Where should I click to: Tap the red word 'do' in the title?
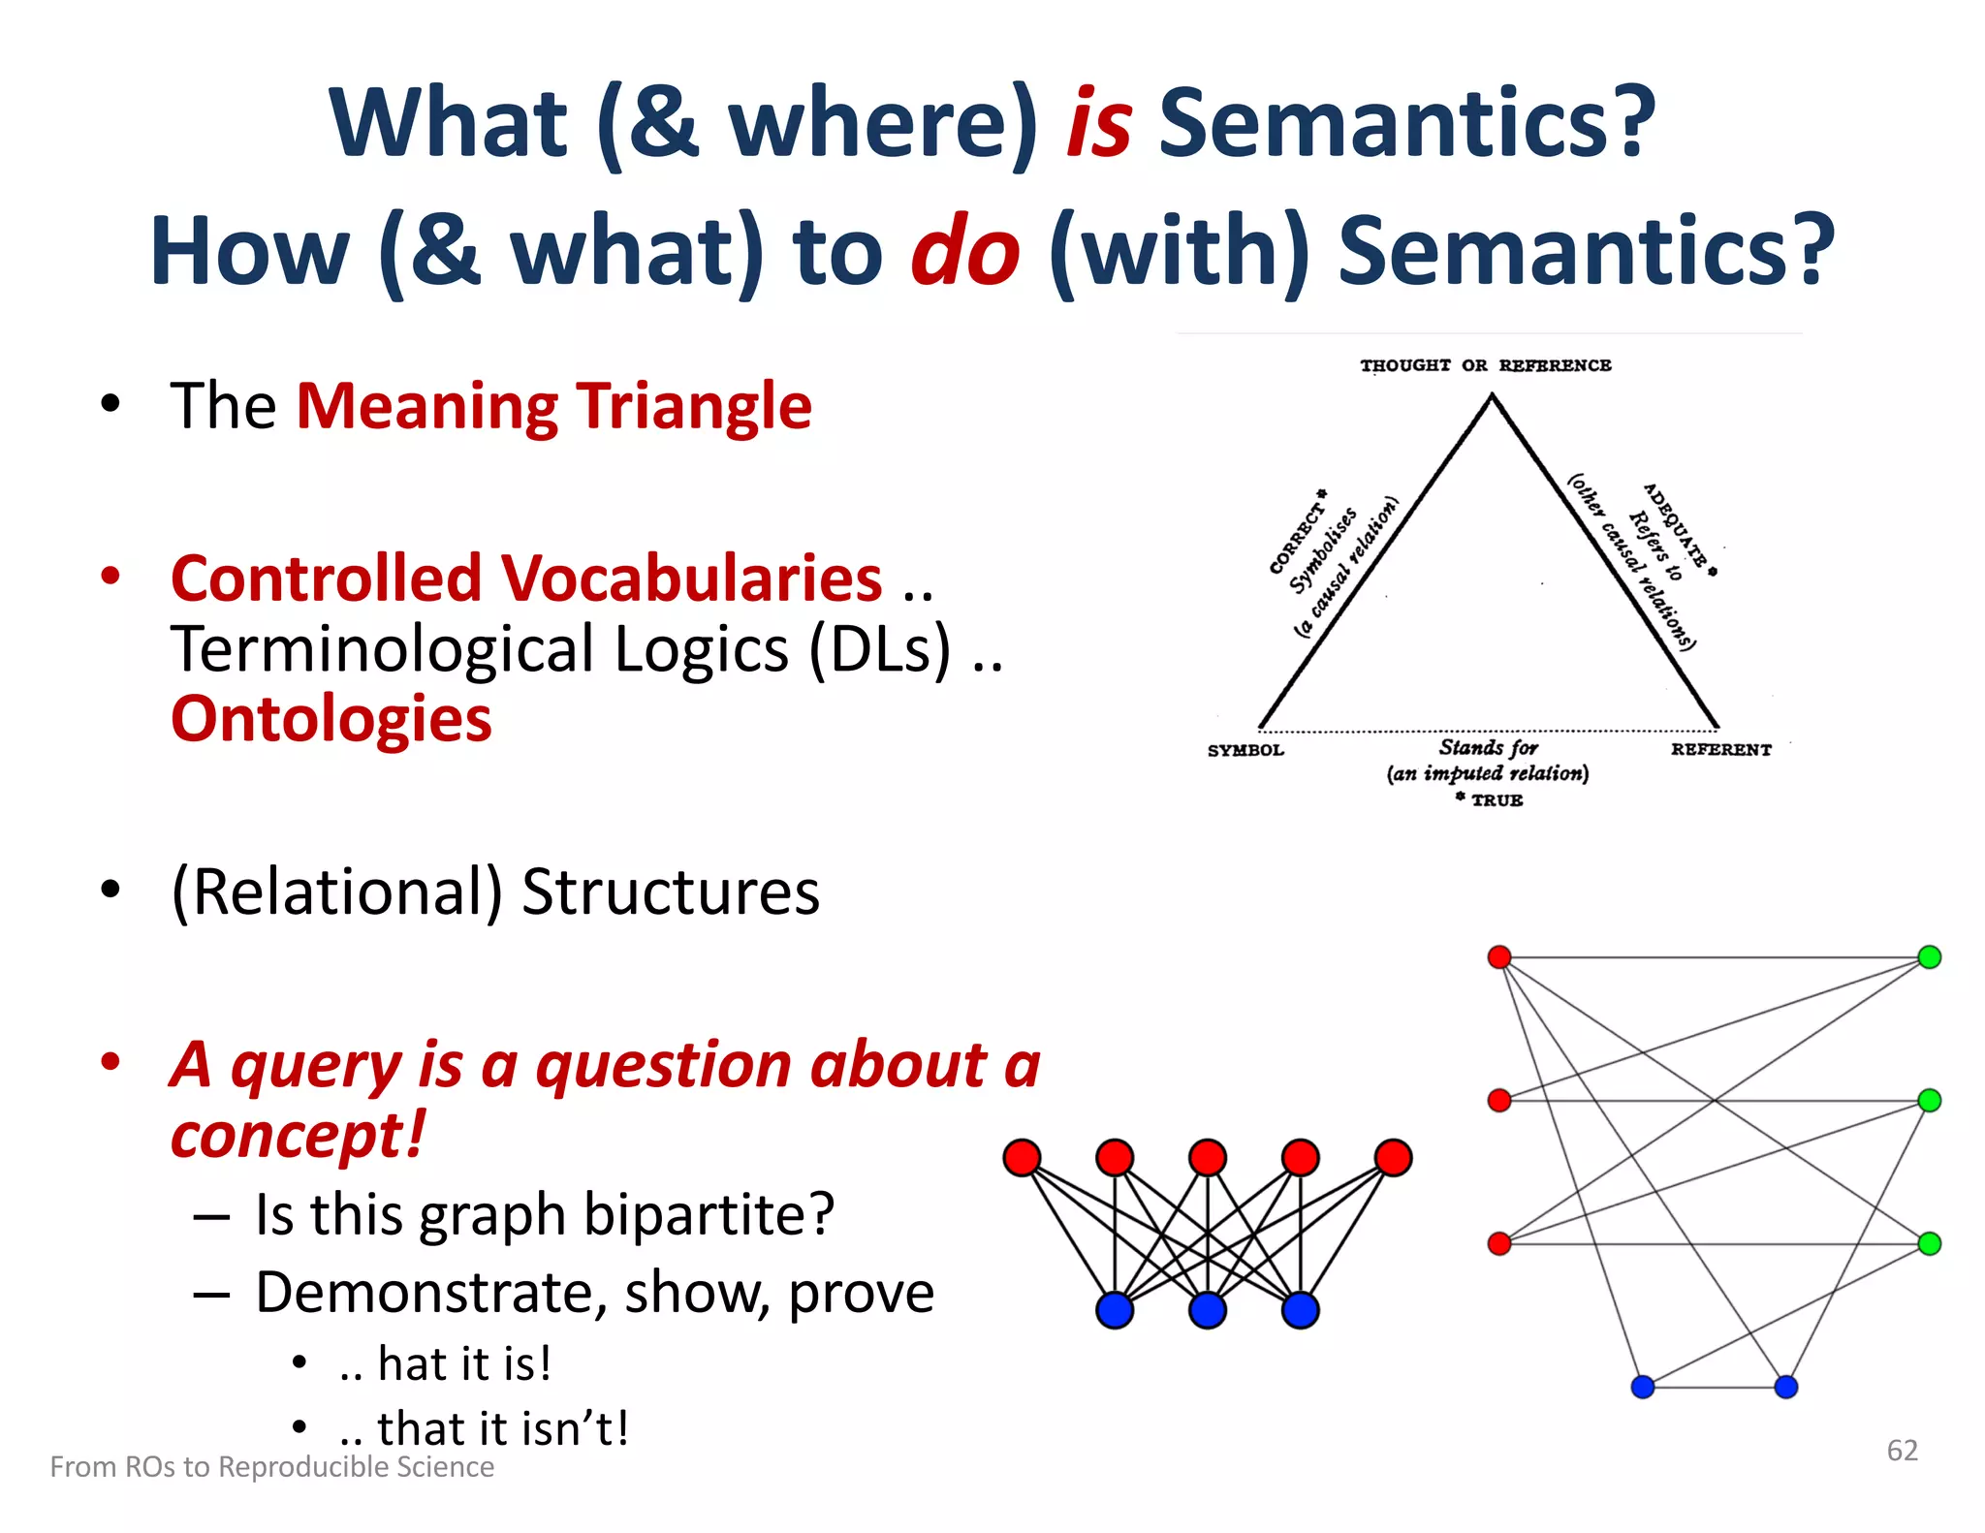[x=965, y=252]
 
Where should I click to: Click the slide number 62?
[x=1902, y=1450]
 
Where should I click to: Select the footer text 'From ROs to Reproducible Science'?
[x=271, y=1466]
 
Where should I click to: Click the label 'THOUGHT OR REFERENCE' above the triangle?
[x=1485, y=365]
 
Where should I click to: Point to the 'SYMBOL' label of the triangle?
[x=1245, y=750]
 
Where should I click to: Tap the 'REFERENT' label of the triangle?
[x=1720, y=749]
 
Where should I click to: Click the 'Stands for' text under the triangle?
[x=1488, y=747]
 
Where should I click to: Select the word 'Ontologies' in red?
[x=331, y=719]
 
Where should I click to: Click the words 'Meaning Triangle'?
[x=553, y=406]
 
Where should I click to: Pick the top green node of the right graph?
[x=1929, y=957]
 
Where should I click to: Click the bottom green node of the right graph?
[x=1929, y=1243]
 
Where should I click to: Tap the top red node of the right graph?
[x=1499, y=957]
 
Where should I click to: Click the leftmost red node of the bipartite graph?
[x=1023, y=1157]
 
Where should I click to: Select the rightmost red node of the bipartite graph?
[x=1393, y=1157]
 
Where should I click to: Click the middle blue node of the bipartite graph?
[x=1208, y=1310]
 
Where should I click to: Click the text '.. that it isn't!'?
[x=485, y=1428]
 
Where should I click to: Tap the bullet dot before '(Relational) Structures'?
[x=110, y=889]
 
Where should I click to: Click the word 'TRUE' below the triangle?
[x=1497, y=800]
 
